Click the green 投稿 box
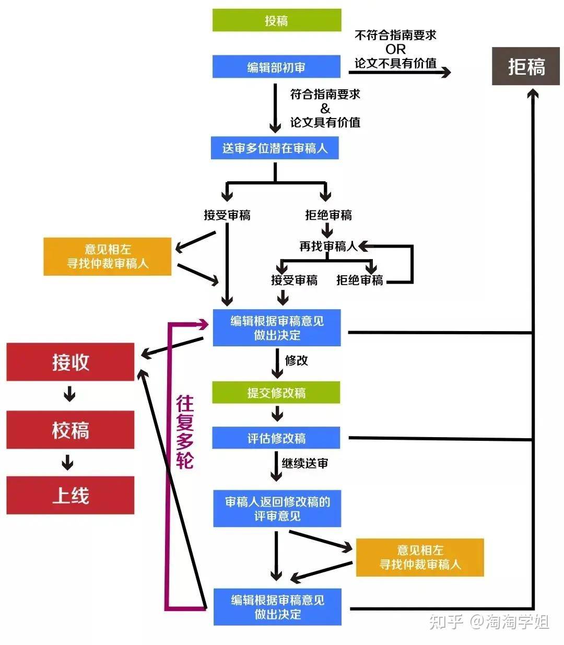click(x=276, y=20)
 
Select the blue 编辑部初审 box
click(x=276, y=66)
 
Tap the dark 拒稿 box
click(x=525, y=66)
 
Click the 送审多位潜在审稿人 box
click(x=275, y=148)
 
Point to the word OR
click(x=395, y=49)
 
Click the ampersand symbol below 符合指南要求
click(x=325, y=109)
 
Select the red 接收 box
click(x=70, y=362)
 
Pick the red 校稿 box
click(x=70, y=430)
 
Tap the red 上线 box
click(x=70, y=495)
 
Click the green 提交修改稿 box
click(x=276, y=393)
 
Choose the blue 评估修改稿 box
click(x=276, y=438)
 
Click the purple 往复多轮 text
click(x=185, y=431)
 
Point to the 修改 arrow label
click(x=296, y=360)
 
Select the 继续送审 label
click(x=305, y=463)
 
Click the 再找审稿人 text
click(x=328, y=246)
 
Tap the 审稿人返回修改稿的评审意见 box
click(x=277, y=509)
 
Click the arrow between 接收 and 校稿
click(x=69, y=394)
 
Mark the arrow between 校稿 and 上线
click(x=67, y=463)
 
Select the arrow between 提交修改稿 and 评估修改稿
click(x=277, y=414)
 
